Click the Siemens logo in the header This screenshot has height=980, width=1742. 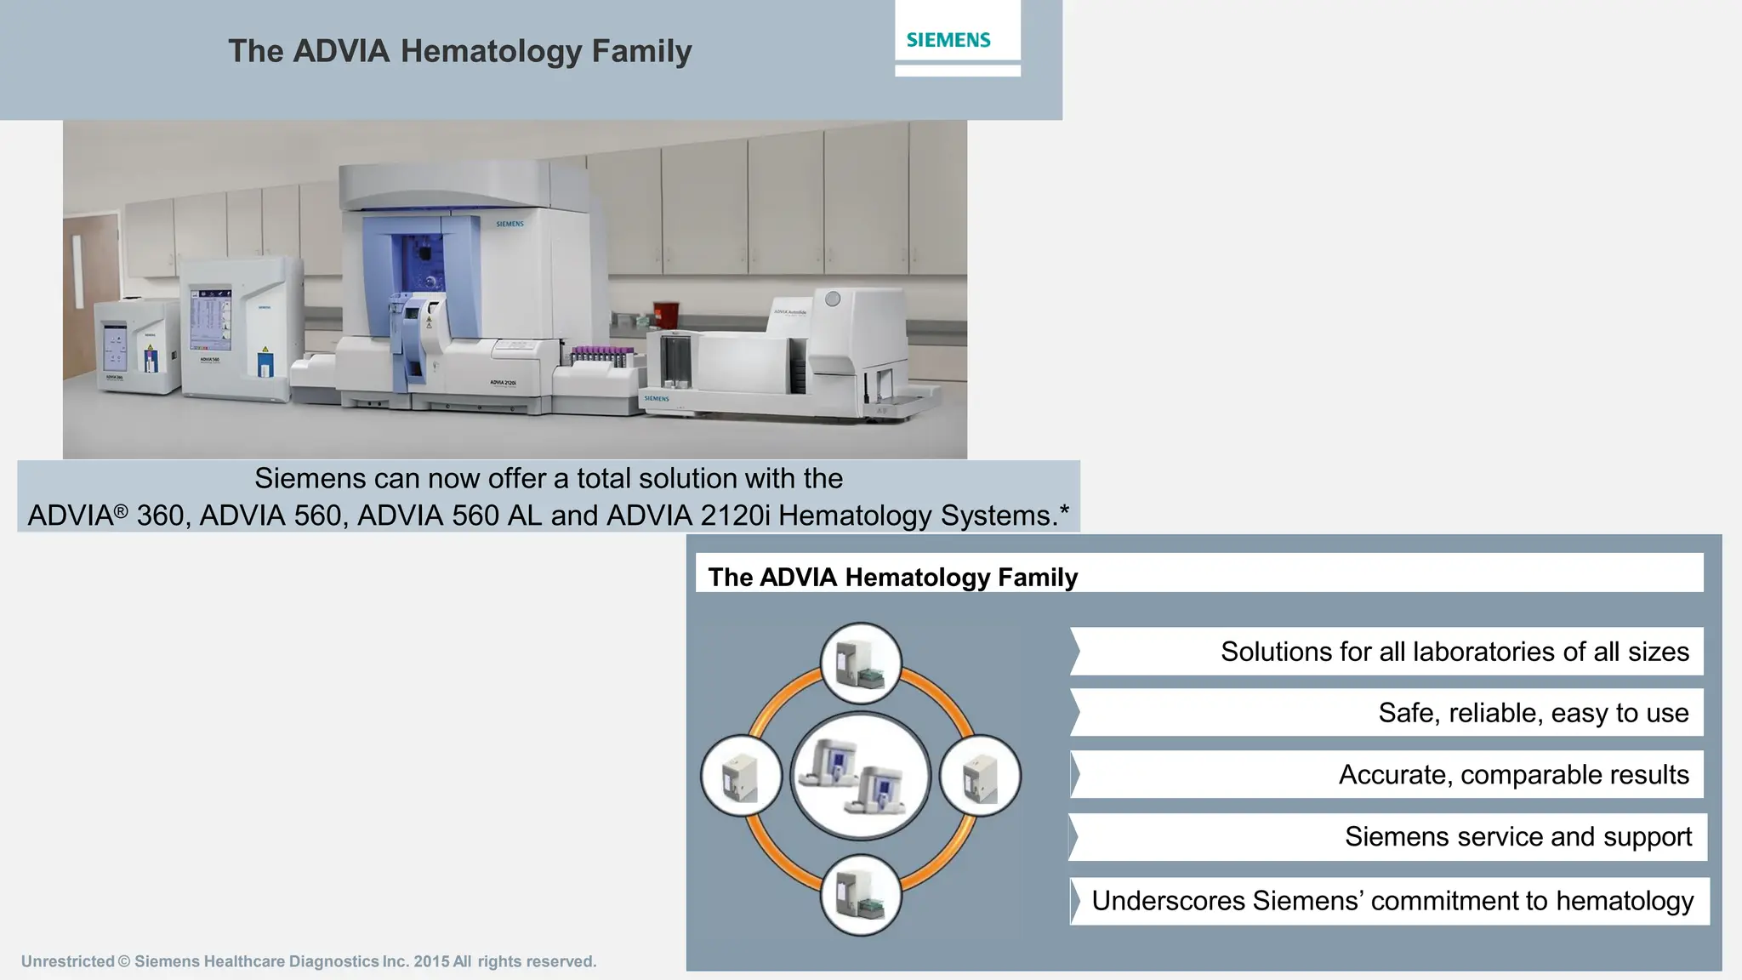tap(948, 40)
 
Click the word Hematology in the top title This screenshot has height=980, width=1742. tap(491, 52)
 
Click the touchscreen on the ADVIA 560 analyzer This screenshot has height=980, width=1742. tap(210, 319)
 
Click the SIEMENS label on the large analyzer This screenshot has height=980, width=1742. tap(510, 225)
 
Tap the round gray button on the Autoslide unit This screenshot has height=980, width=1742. tap(833, 299)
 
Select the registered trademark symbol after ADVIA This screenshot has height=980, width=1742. tap(121, 511)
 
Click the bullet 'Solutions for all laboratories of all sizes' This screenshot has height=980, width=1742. tap(1454, 652)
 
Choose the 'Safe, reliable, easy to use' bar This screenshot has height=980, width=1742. tap(1533, 713)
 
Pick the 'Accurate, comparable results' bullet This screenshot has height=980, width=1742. tap(1513, 775)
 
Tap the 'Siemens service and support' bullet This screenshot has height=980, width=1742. tap(1517, 837)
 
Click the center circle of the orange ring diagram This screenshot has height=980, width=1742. tap(861, 776)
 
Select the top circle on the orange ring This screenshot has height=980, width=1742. tap(861, 664)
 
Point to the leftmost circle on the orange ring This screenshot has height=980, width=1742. tap(741, 776)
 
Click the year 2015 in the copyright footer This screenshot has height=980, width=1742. tap(431, 961)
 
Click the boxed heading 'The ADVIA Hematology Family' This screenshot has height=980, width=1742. tap(892, 577)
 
